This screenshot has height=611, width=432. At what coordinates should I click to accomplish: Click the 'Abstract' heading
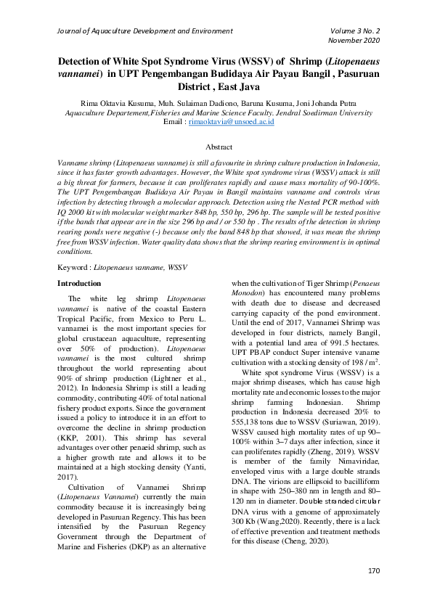click(x=216, y=146)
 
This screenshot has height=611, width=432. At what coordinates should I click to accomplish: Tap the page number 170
click(x=374, y=591)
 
